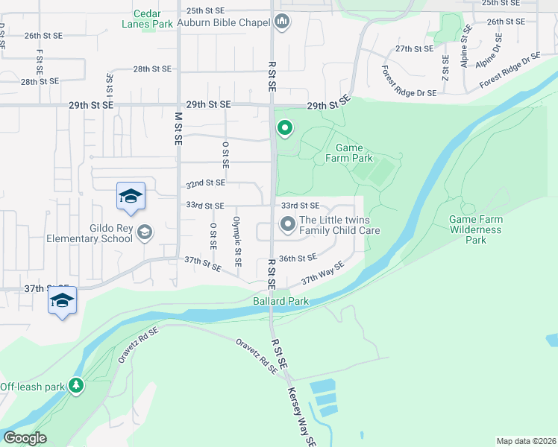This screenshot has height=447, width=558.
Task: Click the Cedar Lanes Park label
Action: click(x=153, y=19)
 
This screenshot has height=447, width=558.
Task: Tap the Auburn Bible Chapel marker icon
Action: click(x=282, y=22)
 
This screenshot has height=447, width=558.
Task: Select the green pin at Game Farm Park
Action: click(x=283, y=129)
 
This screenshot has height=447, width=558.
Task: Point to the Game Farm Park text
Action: click(x=349, y=153)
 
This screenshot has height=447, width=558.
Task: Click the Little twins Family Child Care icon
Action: click(x=287, y=224)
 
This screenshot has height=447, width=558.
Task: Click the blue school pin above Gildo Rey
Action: click(x=131, y=196)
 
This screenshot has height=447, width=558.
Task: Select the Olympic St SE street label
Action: click(x=237, y=241)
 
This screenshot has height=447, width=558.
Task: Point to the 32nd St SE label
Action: click(x=205, y=183)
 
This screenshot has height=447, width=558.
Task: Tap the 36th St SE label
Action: click(x=298, y=258)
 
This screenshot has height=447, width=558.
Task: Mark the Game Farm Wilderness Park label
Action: click(x=476, y=229)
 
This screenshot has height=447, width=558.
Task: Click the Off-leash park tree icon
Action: click(x=75, y=385)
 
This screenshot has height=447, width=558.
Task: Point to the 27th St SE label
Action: click(x=414, y=48)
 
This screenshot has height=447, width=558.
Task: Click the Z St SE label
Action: click(x=445, y=68)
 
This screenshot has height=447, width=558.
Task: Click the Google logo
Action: click(x=24, y=438)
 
